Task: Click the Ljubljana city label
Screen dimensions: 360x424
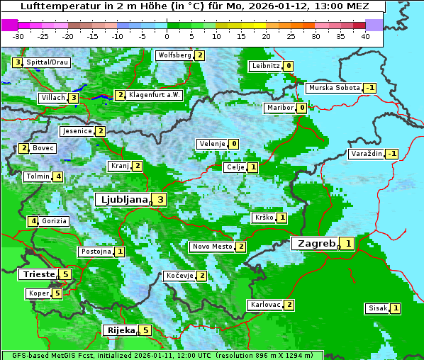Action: click(x=122, y=199)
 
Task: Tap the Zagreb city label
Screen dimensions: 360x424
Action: click(x=316, y=243)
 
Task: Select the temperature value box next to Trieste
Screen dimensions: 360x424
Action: click(x=66, y=274)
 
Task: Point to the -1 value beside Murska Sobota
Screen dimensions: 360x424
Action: click(x=370, y=88)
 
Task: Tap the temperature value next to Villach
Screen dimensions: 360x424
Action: click(x=73, y=97)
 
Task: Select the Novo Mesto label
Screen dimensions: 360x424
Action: click(x=212, y=247)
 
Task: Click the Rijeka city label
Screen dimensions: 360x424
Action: click(x=121, y=330)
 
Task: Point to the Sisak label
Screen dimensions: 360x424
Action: click(x=377, y=308)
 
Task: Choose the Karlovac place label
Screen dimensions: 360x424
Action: click(x=265, y=305)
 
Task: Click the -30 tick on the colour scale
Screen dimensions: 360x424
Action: click(x=18, y=36)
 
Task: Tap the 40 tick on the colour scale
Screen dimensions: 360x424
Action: click(x=365, y=36)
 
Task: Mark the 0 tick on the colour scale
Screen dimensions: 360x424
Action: click(x=167, y=36)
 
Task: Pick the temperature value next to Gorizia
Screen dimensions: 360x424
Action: click(x=33, y=221)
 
